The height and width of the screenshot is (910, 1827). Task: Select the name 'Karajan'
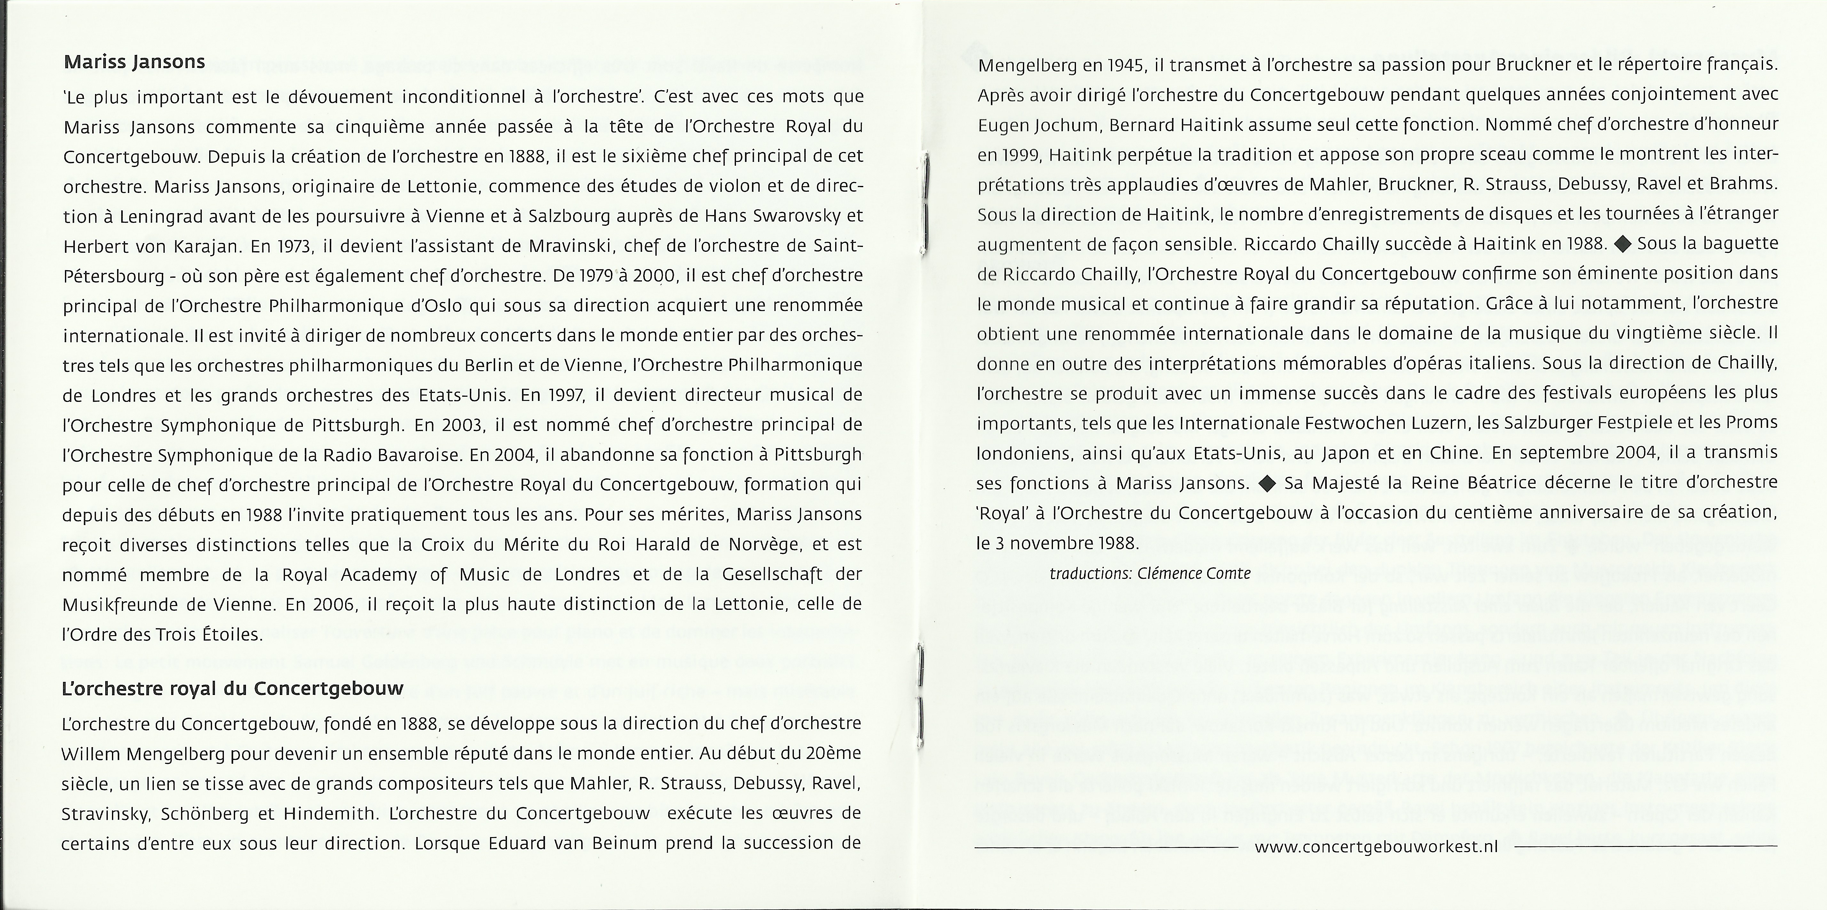[x=200, y=246]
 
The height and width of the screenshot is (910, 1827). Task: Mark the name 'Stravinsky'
[x=105, y=814]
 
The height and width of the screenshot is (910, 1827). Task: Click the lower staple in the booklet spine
[x=920, y=695]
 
